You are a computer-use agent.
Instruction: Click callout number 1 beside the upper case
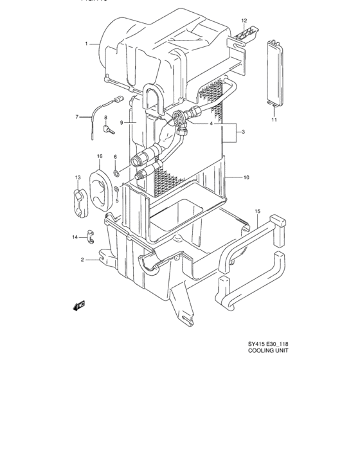click(85, 44)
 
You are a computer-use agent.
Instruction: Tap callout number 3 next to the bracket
click(243, 132)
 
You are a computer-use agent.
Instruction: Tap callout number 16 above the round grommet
click(100, 156)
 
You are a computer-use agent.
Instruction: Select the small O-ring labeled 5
click(116, 190)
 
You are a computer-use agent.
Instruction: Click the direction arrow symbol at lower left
click(80, 305)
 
